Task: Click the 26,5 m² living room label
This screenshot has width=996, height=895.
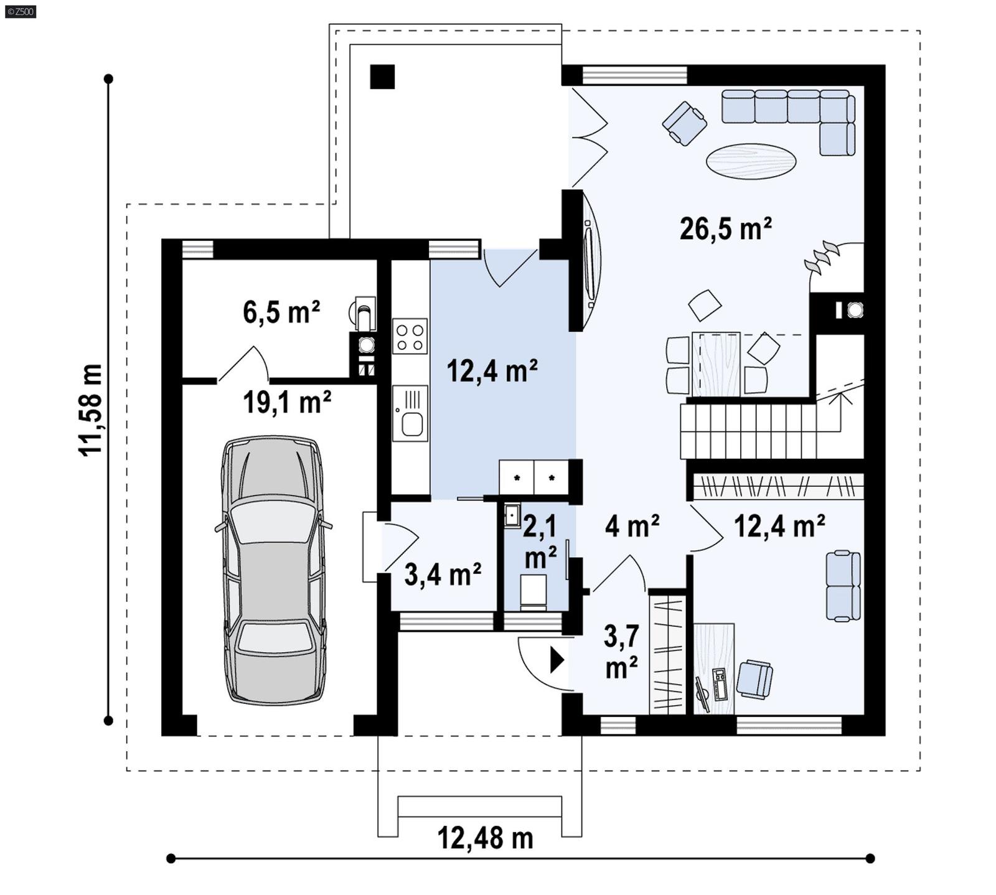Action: pyautogui.click(x=725, y=229)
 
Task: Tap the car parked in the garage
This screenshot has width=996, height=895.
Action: pyautogui.click(x=273, y=569)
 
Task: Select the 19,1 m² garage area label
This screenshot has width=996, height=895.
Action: pyautogui.click(x=286, y=403)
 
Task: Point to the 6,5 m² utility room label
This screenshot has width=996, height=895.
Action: pyautogui.click(x=281, y=312)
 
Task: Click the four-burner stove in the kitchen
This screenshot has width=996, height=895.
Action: pyautogui.click(x=410, y=337)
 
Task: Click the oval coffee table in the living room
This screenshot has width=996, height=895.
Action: pyautogui.click(x=751, y=161)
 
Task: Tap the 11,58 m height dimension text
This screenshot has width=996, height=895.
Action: pyautogui.click(x=90, y=410)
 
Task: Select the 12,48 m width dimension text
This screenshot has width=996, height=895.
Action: pyautogui.click(x=486, y=838)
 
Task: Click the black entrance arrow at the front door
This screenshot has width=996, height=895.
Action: pyautogui.click(x=557, y=660)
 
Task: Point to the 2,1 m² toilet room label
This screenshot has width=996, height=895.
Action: pyautogui.click(x=539, y=541)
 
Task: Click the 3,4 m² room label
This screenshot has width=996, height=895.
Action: pyautogui.click(x=443, y=574)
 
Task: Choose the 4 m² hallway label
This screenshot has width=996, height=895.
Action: pyautogui.click(x=632, y=527)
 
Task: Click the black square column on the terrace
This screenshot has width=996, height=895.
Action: pyautogui.click(x=382, y=77)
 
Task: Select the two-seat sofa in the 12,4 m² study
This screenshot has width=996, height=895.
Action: pyautogui.click(x=843, y=585)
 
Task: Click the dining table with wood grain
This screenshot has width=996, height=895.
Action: pyautogui.click(x=716, y=364)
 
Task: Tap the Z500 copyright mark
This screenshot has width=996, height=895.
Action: pyautogui.click(x=20, y=11)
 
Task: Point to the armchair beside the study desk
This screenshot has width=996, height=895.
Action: pyautogui.click(x=754, y=679)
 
